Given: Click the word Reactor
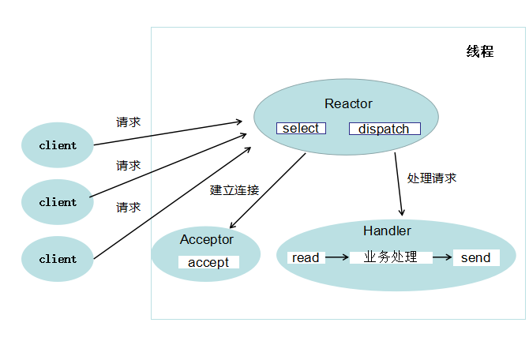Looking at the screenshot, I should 348,104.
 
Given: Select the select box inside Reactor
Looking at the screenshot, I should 301,128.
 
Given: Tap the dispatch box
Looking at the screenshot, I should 385,129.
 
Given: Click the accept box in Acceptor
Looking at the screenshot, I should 208,262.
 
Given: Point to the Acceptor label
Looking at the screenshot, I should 207,239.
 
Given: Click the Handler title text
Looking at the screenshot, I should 387,231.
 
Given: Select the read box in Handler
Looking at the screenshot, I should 306,257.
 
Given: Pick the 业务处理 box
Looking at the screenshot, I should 390,257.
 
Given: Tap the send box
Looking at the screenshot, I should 476,257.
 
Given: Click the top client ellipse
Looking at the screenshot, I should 58,145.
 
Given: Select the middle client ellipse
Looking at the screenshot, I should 58,202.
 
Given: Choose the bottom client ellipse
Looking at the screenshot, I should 58,259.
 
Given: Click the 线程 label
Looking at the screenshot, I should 480,52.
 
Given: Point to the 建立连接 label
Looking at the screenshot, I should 234,190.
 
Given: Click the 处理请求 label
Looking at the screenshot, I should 432,178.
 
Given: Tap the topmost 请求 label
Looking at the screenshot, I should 129,122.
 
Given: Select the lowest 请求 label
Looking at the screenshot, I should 129,208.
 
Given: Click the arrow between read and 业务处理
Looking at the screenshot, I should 337,257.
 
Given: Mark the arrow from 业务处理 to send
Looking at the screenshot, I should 442,257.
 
